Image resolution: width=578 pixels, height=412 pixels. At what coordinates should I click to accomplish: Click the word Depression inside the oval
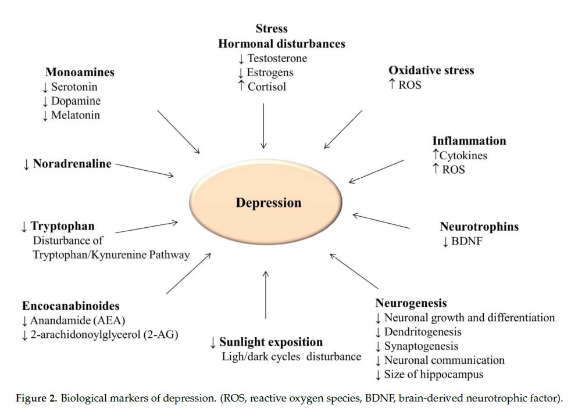(x=269, y=203)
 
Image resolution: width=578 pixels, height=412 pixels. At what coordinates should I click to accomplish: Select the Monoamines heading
(x=80, y=72)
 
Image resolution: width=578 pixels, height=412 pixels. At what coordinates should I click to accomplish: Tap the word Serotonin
(x=74, y=87)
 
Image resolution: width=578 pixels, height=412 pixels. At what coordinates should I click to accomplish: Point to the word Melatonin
(x=76, y=115)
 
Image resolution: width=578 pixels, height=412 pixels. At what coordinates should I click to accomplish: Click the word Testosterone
(x=277, y=58)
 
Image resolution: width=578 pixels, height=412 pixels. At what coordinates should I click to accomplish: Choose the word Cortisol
(x=266, y=87)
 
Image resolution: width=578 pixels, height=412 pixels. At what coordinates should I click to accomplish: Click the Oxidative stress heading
(x=431, y=70)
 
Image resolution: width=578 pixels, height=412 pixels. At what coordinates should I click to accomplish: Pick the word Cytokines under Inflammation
(x=463, y=156)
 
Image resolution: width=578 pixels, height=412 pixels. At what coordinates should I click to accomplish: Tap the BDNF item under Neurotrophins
(x=467, y=241)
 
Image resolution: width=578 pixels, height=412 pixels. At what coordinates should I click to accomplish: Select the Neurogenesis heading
(x=411, y=303)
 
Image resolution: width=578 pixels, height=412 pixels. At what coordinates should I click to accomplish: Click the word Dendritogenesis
(x=423, y=332)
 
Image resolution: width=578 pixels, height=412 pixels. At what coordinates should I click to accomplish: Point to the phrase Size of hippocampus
(x=434, y=375)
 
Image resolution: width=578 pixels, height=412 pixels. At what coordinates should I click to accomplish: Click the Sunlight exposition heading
(x=271, y=342)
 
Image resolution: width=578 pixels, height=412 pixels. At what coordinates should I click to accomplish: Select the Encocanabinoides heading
(x=71, y=306)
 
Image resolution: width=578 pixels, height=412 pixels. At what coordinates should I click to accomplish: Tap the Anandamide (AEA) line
(x=78, y=321)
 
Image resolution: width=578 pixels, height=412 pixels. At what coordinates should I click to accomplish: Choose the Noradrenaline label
(x=72, y=164)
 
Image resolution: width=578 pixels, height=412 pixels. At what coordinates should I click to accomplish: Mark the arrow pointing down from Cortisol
(x=263, y=126)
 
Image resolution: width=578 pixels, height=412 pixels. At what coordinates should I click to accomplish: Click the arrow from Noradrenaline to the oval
(x=144, y=170)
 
